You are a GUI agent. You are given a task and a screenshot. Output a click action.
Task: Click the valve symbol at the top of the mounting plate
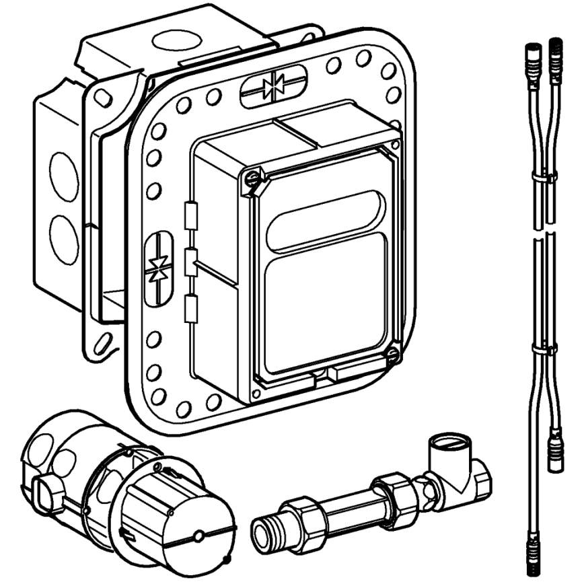coord(273,85)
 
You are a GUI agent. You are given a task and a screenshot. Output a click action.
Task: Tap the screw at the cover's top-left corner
coord(252,178)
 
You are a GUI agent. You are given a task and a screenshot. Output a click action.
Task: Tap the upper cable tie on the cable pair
coord(544,178)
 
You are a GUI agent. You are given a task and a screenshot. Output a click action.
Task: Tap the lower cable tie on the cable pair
coord(544,351)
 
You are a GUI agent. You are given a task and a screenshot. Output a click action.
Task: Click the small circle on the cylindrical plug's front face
coord(199,536)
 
